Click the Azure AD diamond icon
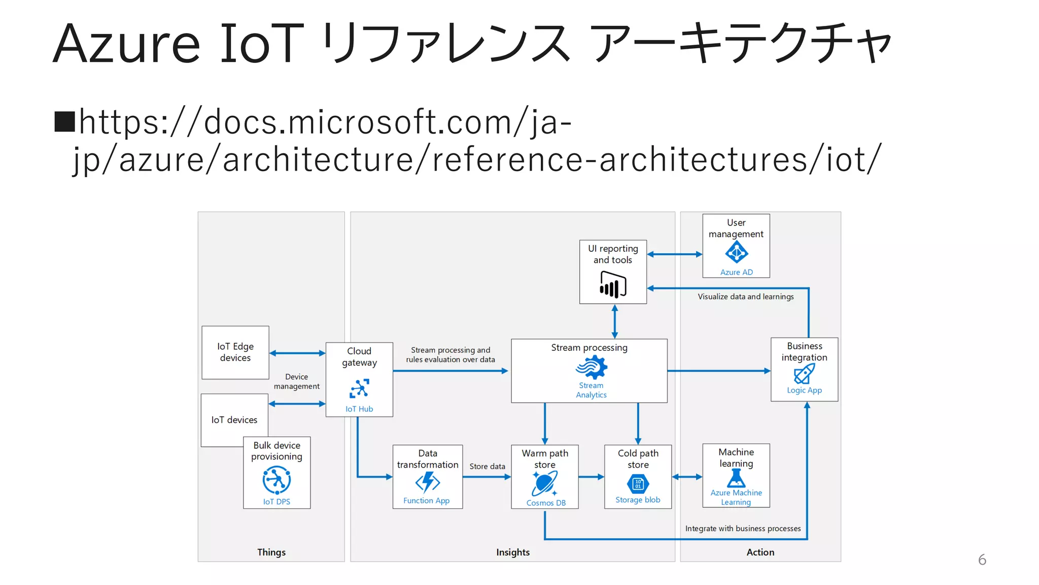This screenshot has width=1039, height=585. tap(736, 252)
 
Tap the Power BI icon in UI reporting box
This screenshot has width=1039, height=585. tap(613, 284)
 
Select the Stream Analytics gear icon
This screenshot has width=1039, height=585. tap(592, 367)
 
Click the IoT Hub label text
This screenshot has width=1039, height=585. tap(359, 409)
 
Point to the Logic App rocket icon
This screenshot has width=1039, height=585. tap(804, 374)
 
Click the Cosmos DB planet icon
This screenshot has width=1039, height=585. tap(545, 483)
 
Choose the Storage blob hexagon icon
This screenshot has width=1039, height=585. tap(638, 484)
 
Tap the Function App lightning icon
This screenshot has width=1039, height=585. tap(427, 482)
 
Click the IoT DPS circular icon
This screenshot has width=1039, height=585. tap(276, 480)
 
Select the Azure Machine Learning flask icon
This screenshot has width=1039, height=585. tap(736, 478)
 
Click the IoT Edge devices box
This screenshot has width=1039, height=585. tap(235, 352)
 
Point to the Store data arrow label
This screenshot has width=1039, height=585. tap(487, 466)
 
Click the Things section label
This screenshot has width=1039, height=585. tap(271, 552)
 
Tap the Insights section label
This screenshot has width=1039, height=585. tap(513, 552)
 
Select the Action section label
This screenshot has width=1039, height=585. tap(760, 552)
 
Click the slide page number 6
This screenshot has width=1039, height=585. tap(982, 560)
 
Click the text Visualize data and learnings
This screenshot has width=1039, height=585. tap(745, 297)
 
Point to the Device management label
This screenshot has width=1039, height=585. tap(297, 381)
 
